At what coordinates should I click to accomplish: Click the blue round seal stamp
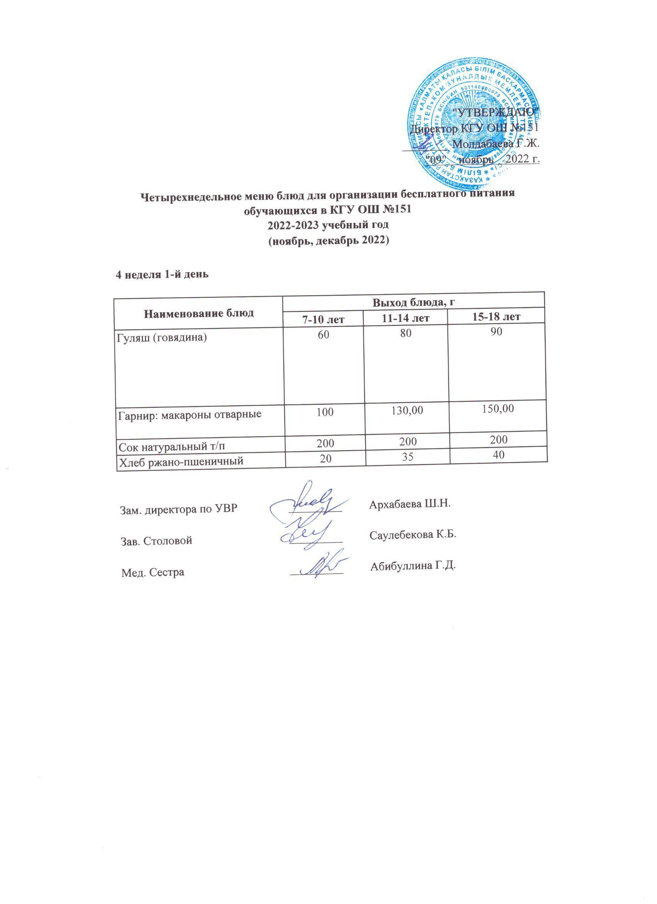[472, 122]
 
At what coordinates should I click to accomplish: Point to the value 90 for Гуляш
[496, 331]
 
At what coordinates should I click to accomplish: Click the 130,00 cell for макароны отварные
[407, 411]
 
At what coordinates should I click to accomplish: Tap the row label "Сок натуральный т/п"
[172, 445]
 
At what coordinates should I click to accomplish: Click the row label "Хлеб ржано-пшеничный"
[180, 462]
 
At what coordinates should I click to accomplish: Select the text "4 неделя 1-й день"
[162, 275]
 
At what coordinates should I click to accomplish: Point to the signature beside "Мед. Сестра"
[319, 566]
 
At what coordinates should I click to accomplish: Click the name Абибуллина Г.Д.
[413, 566]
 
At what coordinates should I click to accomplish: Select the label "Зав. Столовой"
[156, 541]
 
